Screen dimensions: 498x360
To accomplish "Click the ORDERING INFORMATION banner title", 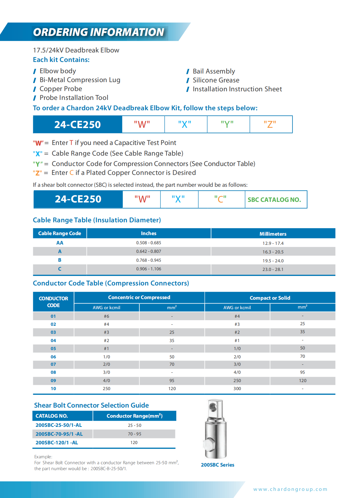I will (98, 32).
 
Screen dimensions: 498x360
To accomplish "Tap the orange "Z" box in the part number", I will (270, 124).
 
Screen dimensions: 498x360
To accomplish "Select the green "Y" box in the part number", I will (227, 124).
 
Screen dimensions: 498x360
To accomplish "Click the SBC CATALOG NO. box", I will (274, 199).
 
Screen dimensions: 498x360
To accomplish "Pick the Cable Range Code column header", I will (60, 233).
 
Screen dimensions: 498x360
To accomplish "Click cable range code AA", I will (60, 243).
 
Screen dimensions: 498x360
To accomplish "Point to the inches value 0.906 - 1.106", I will (149, 269).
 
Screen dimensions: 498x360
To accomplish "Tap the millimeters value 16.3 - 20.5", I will (273, 252).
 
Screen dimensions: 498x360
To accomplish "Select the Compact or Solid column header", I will (270, 298).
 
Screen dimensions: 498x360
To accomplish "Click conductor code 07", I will (53, 364).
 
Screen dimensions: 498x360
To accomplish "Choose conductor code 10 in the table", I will (53, 389).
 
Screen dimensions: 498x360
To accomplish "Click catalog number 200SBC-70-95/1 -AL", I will (59, 434).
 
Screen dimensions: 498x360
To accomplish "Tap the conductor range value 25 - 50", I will (135, 425).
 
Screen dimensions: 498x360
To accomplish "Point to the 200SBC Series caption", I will (217, 465).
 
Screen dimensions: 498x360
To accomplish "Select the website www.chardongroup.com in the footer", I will (290, 489).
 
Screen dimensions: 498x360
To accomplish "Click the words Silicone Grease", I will (216, 80).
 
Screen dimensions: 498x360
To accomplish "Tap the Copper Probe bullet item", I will (61, 89).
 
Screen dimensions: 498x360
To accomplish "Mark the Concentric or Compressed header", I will (139, 297).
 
